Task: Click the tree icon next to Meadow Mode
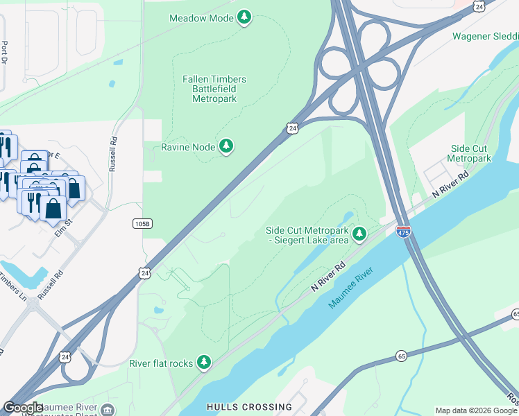click(x=244, y=17)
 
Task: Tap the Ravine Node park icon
click(x=226, y=146)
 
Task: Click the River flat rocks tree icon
click(x=203, y=362)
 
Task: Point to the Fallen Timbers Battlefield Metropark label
click(x=214, y=89)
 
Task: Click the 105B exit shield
click(x=142, y=223)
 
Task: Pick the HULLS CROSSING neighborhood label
click(x=248, y=407)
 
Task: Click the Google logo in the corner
click(x=22, y=407)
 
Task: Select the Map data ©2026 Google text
click(x=476, y=410)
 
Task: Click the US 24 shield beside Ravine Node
click(x=292, y=128)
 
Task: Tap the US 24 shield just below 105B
click(x=144, y=274)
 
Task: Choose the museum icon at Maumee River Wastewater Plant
click(x=108, y=410)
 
